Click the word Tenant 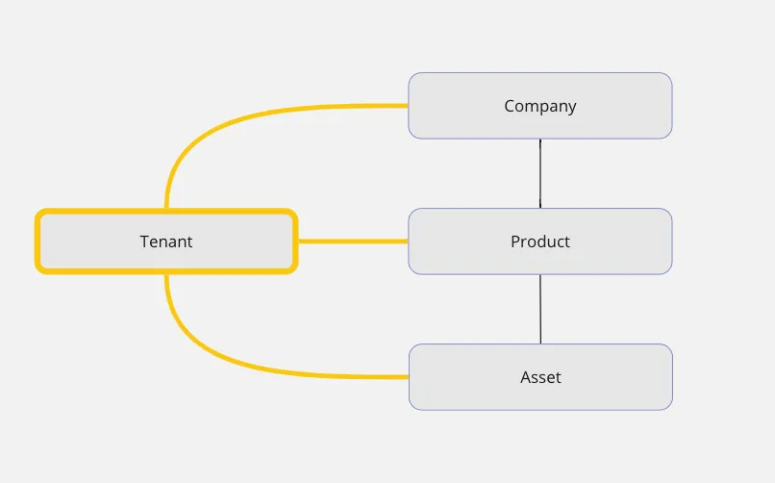click(166, 241)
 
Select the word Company click(539, 106)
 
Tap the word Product click(539, 241)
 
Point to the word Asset click(539, 377)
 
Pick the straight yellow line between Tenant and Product click(352, 241)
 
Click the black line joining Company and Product click(540, 173)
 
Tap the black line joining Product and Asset click(540, 309)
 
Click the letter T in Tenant click(144, 241)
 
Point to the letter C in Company click(510, 106)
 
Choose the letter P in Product click(515, 241)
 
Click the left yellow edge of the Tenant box click(38, 241)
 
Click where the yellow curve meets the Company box click(409, 105)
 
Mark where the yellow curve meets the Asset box click(409, 376)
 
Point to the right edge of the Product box click(671, 241)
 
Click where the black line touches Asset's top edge click(540, 344)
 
